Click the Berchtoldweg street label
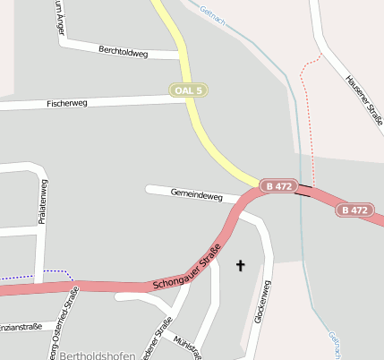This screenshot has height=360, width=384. pyautogui.click(x=124, y=52)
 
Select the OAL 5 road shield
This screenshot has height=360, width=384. pyautogui.click(x=189, y=90)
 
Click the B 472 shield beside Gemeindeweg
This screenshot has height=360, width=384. pyautogui.click(x=279, y=185)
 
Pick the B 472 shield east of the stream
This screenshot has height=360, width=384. pyautogui.click(x=354, y=210)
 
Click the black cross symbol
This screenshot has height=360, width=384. pyautogui.click(x=240, y=265)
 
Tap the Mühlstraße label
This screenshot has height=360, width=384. pyautogui.click(x=186, y=346)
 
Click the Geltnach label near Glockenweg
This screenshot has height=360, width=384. pyautogui.click(x=334, y=345)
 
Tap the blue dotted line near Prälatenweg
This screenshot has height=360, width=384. pyautogui.click(x=36, y=271)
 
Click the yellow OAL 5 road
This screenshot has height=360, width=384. pyautogui.click(x=199, y=125)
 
